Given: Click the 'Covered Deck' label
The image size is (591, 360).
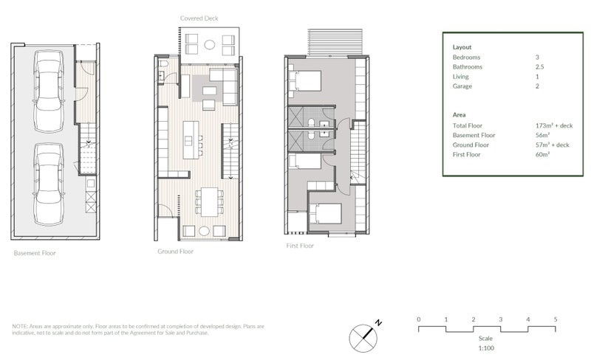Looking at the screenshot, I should [x=199, y=18].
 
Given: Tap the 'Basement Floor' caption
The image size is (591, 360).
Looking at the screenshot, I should [x=34, y=253].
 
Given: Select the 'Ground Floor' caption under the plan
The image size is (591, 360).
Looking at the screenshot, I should [x=175, y=251].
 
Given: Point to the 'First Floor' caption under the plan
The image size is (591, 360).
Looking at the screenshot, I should [x=300, y=245].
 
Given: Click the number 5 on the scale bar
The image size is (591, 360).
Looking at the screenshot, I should [x=555, y=319].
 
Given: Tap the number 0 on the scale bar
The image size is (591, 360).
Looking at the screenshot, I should [x=418, y=319].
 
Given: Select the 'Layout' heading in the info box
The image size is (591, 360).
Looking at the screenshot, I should [x=462, y=47].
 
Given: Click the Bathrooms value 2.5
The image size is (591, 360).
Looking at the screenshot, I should [x=539, y=66].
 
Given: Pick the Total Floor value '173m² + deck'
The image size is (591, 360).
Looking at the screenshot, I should [x=553, y=125].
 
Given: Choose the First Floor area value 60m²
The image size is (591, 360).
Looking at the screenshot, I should [x=542, y=155].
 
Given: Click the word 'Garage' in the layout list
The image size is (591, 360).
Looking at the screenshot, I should [x=462, y=86].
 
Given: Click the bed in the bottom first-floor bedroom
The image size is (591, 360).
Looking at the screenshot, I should [x=325, y=214].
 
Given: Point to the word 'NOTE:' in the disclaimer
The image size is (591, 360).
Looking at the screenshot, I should [x=20, y=326].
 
